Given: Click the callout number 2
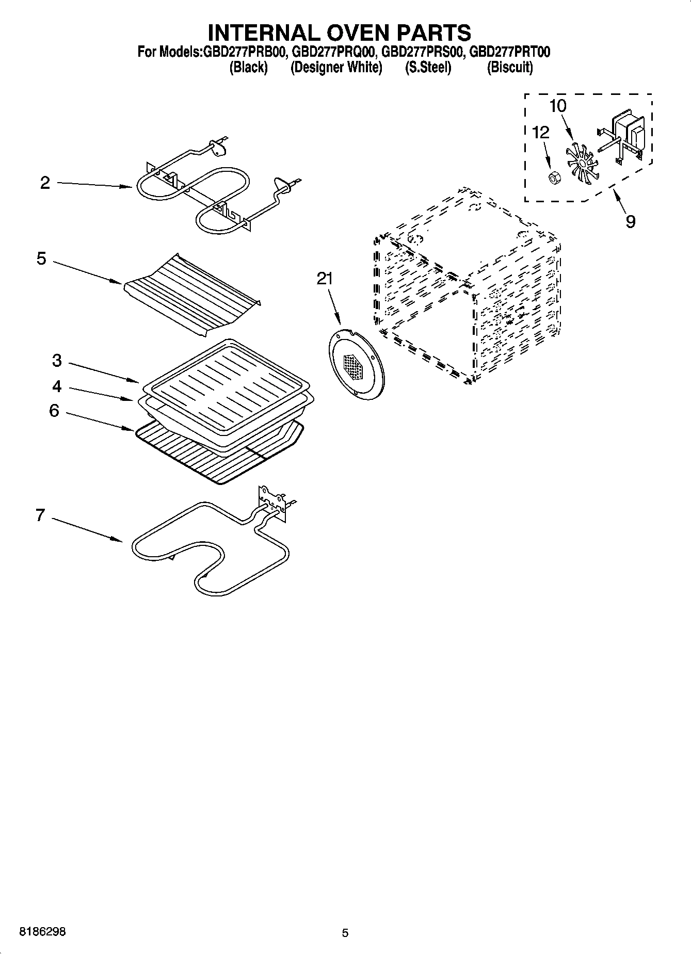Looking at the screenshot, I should click(45, 183).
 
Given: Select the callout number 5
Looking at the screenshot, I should click(42, 258).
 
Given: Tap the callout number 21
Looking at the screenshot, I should click(325, 279).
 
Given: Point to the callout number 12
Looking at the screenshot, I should click(540, 133).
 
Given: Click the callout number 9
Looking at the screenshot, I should click(630, 222).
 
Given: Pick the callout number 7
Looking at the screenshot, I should click(40, 515).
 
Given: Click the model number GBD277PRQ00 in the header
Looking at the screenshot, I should click(333, 52).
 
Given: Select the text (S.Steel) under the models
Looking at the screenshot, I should click(428, 68).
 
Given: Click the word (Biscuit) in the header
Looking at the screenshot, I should click(510, 68).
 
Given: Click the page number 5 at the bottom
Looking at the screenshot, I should click(345, 933).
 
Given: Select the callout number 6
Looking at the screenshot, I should click(54, 411).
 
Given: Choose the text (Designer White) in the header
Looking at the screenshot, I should click(336, 68).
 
